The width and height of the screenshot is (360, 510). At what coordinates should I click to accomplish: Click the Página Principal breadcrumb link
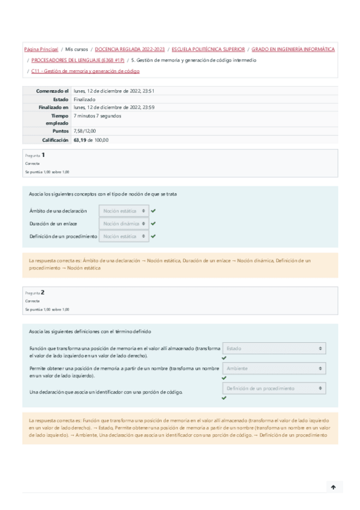[x=41, y=49]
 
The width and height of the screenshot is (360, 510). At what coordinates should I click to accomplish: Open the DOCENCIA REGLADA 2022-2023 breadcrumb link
[x=129, y=49]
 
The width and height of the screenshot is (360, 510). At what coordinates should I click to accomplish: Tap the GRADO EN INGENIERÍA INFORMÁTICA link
[x=293, y=49]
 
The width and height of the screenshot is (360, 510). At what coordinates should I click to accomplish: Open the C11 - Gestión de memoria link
[x=85, y=71]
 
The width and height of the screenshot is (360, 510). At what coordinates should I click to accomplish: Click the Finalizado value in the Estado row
[x=85, y=99]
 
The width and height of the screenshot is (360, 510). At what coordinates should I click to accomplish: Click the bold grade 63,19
[x=80, y=140]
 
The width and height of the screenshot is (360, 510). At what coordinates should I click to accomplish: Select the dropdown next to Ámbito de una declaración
[x=124, y=211]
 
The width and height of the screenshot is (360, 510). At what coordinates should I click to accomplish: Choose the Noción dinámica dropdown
[x=124, y=224]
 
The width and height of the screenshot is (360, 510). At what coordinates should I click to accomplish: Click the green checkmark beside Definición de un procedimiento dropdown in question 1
[x=154, y=236]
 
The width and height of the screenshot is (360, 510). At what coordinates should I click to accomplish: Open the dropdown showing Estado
[x=274, y=348]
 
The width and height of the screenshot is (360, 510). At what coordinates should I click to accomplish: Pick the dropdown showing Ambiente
[x=274, y=369]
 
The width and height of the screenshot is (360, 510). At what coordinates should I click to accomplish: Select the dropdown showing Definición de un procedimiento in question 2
[x=274, y=389]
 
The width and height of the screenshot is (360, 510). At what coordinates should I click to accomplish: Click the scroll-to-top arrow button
[x=333, y=487]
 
